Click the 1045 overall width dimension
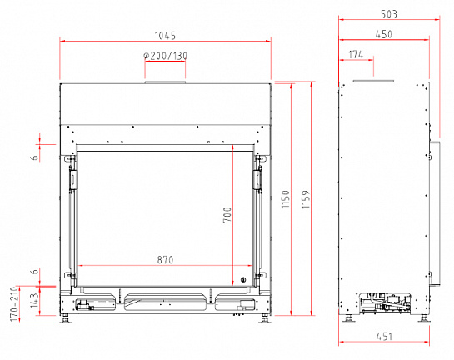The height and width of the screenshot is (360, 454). tap(165, 36)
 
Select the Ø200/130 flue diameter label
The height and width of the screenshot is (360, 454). tap(165, 56)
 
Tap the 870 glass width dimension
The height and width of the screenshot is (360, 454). tap(165, 260)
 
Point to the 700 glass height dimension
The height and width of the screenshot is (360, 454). tap(227, 215)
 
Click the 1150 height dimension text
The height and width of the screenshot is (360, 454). tap(286, 198)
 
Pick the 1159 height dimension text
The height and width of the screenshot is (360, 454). tap(306, 199)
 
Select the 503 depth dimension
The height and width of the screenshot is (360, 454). tap(389, 14)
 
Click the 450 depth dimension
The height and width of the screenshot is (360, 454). tap(384, 34)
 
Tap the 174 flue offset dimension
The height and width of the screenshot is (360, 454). tap(356, 54)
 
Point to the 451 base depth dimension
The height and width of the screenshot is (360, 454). tap(384, 337)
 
